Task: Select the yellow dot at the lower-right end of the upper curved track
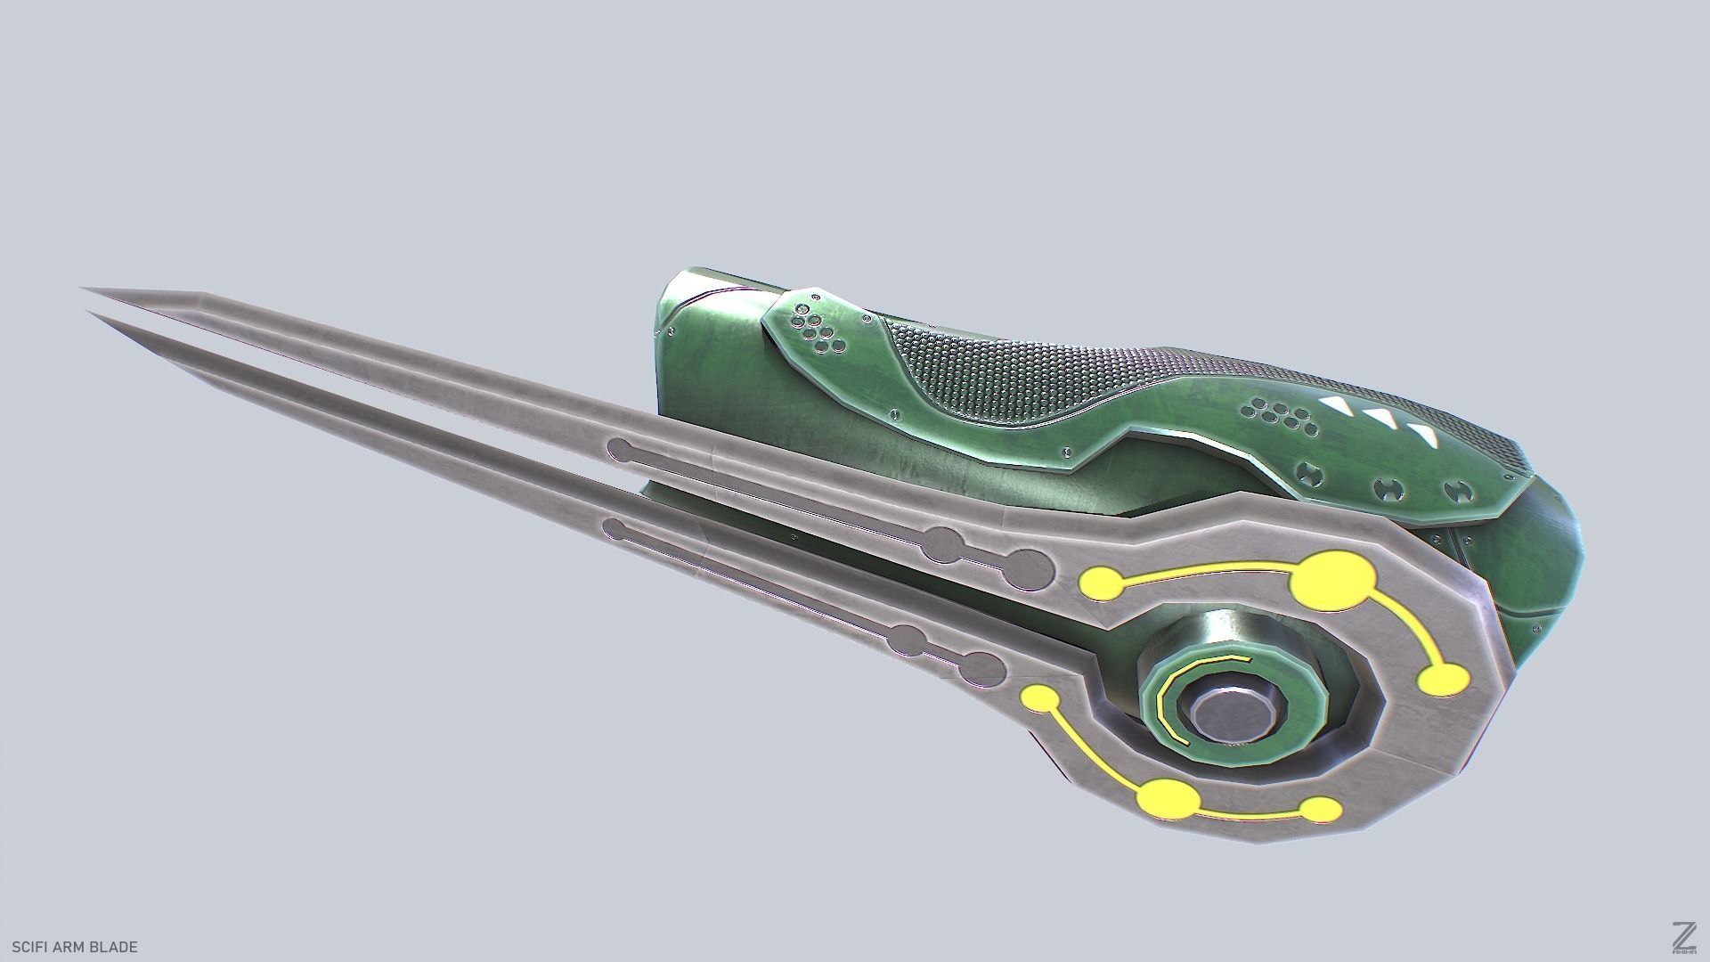coord(1442,681)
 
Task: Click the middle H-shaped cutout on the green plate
coord(1387,486)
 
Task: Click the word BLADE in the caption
coord(115,947)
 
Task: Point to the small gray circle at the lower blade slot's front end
coord(615,529)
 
